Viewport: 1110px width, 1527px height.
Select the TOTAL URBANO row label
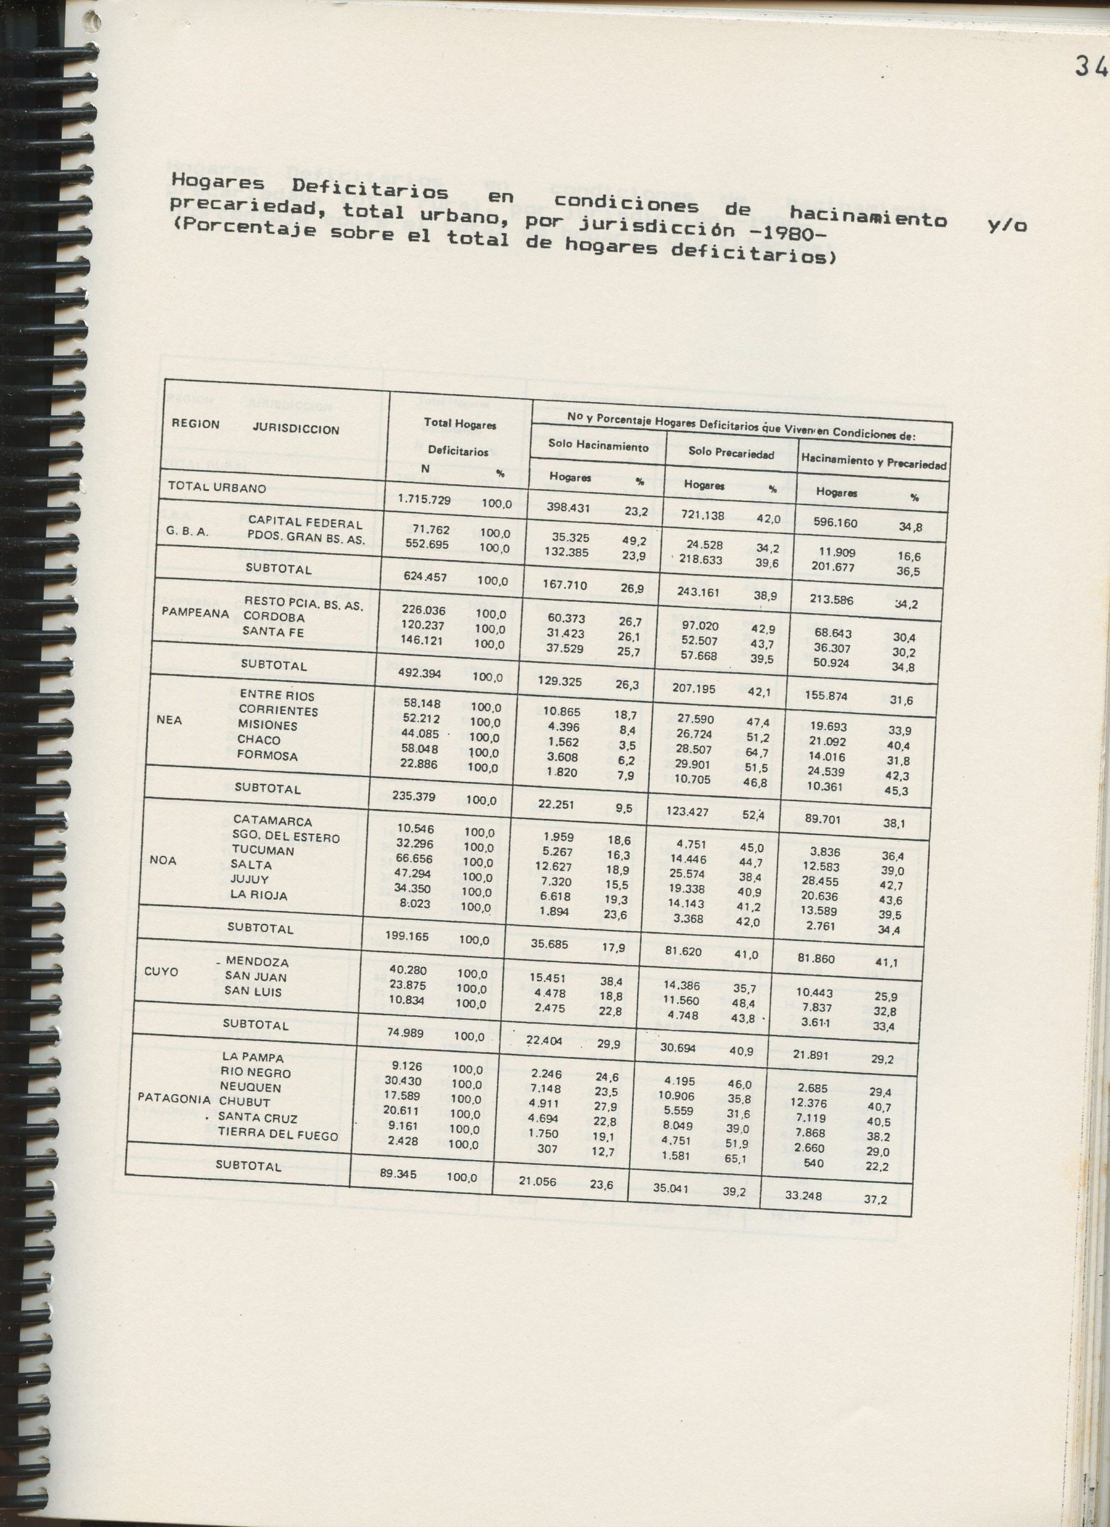[217, 487]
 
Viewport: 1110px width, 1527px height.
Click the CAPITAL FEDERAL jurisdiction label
[305, 523]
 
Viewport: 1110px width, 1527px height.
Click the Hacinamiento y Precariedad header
[874, 462]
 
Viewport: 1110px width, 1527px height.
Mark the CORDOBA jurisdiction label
[274, 617]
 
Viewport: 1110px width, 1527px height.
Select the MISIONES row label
[267, 725]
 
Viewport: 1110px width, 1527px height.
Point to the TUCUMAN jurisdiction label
[263, 851]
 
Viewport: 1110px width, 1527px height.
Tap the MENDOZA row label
[257, 962]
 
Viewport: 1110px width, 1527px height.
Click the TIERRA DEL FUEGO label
[277, 1135]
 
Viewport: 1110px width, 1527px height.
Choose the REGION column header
[195, 424]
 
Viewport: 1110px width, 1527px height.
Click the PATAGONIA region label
[174, 1098]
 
